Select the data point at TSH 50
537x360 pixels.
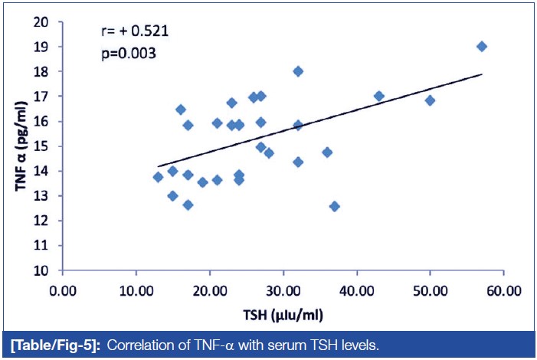tap(430, 100)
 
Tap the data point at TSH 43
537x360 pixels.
tap(378, 96)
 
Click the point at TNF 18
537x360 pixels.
tap(298, 71)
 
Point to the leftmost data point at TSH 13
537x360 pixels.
tap(158, 177)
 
